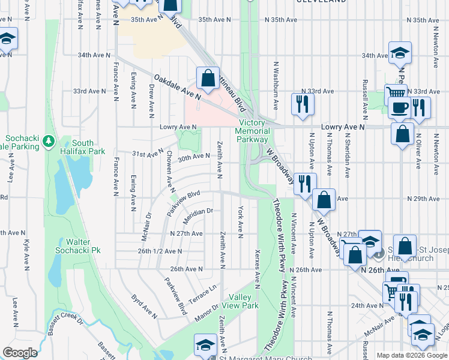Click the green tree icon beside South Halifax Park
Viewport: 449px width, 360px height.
48,143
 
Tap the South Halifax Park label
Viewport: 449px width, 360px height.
88,147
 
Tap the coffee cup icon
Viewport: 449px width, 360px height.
399,108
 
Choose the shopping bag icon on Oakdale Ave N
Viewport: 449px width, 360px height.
208,79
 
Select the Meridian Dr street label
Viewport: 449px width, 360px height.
198,211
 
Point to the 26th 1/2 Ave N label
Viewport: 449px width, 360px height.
160,251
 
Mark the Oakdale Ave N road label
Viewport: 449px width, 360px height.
176,88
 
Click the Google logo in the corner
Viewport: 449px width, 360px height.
20,353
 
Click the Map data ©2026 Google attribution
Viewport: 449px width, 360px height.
411,355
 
